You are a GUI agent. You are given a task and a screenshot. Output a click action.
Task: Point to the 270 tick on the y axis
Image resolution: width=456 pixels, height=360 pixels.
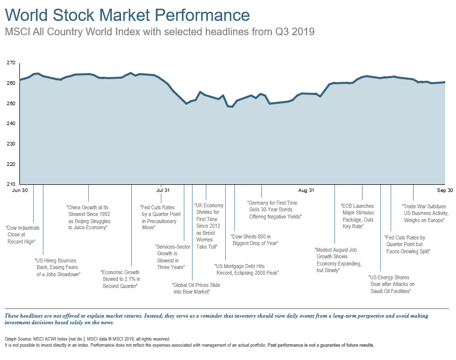(x=10, y=63)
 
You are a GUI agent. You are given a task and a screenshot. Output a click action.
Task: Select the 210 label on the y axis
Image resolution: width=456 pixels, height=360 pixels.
(x=10, y=184)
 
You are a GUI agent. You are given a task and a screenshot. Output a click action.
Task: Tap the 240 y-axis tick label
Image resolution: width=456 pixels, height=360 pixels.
(x=10, y=124)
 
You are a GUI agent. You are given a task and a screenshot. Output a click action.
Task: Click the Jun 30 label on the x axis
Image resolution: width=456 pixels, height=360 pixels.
(x=19, y=190)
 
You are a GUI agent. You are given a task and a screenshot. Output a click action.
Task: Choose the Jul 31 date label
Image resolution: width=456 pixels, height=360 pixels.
(x=163, y=190)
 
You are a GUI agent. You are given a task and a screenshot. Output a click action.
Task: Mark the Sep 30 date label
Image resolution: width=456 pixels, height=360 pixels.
(x=445, y=190)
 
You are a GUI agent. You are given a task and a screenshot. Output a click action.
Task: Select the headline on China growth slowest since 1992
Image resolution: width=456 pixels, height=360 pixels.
(x=88, y=218)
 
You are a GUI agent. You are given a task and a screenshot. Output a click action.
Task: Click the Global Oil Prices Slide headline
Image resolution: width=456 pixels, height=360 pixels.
(x=196, y=287)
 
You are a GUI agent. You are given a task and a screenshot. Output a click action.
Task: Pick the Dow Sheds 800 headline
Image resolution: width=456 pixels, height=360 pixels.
(x=254, y=240)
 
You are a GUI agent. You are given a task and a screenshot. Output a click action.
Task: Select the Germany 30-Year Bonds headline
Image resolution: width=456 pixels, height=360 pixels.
(x=275, y=210)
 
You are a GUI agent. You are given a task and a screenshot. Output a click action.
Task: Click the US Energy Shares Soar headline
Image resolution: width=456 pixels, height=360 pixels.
(x=391, y=284)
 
